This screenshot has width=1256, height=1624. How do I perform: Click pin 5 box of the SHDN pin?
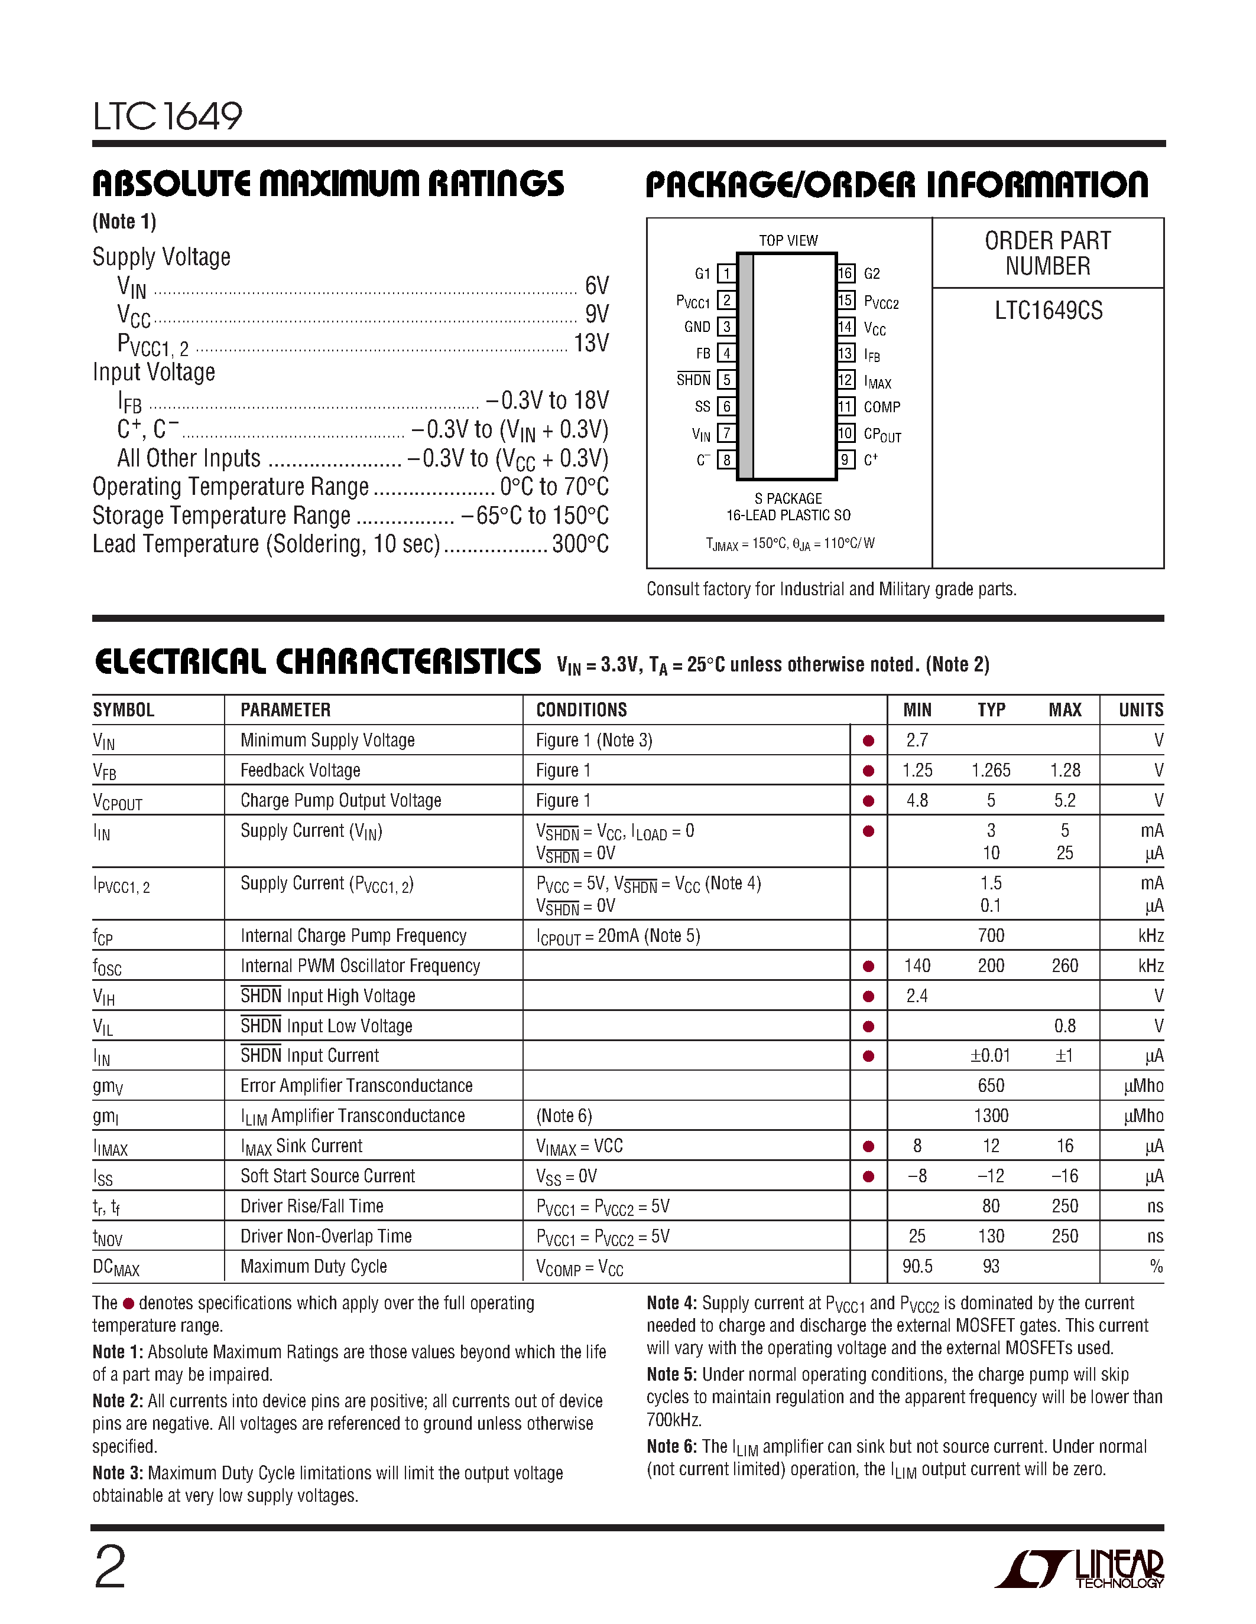726,380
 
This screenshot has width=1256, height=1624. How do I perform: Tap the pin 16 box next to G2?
845,273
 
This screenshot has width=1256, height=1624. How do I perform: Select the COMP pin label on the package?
882,407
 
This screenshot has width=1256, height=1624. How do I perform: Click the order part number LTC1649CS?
1049,311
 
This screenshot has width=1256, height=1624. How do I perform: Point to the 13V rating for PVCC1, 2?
591,344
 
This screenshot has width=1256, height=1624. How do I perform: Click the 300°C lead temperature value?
580,544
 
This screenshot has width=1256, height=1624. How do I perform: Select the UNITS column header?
1141,710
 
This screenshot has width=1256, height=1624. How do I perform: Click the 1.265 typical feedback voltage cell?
991,770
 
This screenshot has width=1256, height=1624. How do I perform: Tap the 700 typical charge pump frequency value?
991,935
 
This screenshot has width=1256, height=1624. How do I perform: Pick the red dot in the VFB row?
868,771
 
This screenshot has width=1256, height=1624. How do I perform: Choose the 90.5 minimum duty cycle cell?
917,1266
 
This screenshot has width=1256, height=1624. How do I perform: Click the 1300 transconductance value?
991,1116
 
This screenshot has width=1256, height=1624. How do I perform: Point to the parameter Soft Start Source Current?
327,1176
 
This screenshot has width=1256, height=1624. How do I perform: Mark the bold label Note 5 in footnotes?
671,1374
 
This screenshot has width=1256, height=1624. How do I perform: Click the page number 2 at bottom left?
110,1567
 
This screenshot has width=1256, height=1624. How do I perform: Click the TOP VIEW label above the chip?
788,241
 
